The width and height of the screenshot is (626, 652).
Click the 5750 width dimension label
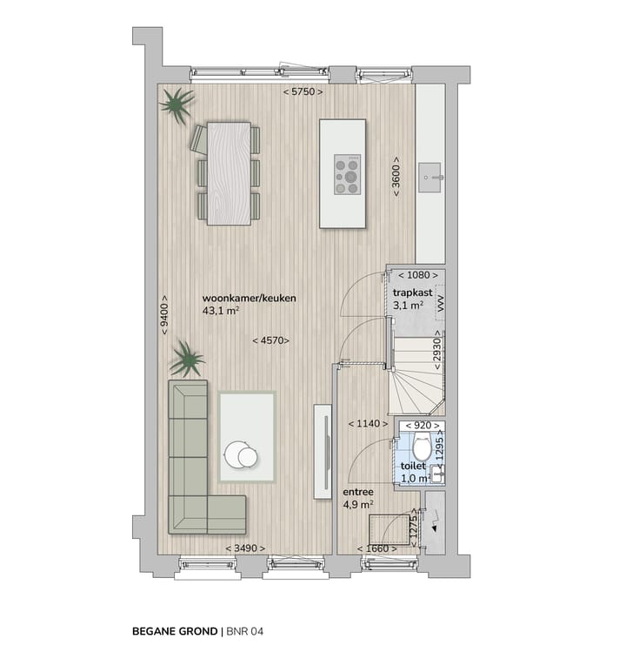(303, 92)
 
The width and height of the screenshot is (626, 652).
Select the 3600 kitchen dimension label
(396, 178)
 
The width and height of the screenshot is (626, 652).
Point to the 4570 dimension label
(270, 340)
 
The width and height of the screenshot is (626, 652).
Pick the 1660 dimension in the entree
(376, 548)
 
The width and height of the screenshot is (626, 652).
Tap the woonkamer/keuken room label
(249, 298)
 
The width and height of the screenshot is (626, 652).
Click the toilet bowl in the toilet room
(422, 449)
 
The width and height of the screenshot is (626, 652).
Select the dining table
(230, 172)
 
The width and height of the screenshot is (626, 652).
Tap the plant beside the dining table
(176, 106)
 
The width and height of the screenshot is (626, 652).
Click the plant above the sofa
(186, 359)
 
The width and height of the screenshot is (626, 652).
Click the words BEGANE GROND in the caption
(174, 629)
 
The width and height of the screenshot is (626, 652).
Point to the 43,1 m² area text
(221, 310)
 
